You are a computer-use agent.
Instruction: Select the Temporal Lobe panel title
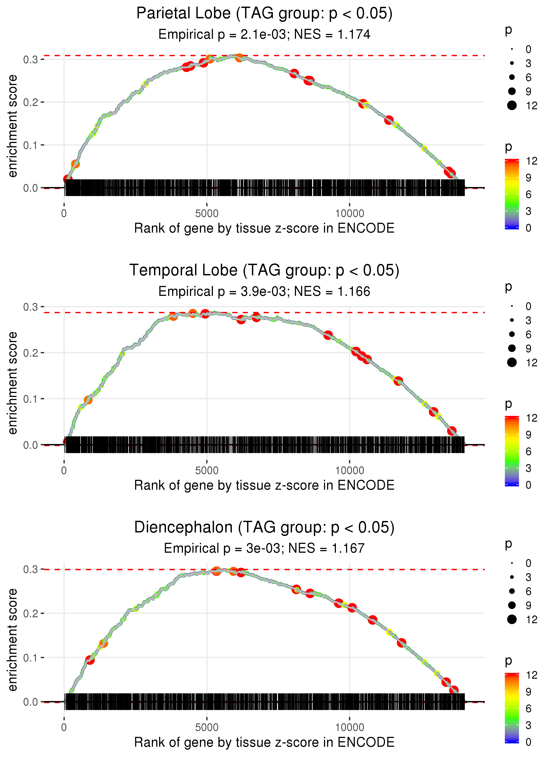point(264,271)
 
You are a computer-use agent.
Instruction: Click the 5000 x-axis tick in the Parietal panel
point(207,214)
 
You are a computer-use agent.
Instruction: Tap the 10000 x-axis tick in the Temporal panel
point(350,471)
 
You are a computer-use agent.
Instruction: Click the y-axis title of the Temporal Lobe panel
point(13,383)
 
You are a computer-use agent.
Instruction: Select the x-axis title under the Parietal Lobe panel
point(264,228)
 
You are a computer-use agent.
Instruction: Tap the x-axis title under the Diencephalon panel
point(264,742)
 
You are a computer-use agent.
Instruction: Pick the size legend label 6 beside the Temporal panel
point(528,335)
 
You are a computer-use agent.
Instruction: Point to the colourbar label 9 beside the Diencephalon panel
point(528,692)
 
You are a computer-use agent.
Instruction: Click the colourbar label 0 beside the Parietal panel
point(528,228)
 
